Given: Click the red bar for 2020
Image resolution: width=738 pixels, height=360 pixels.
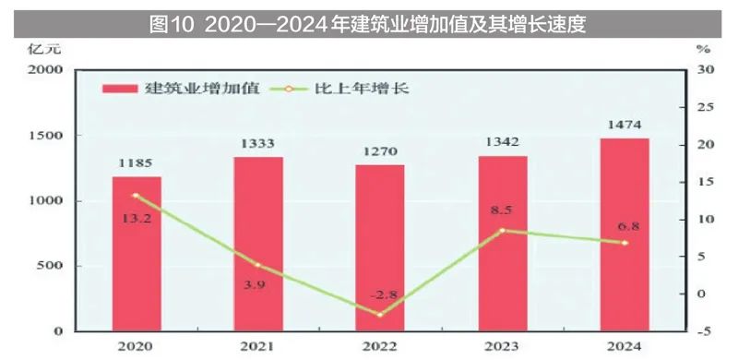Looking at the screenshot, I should tap(137, 253).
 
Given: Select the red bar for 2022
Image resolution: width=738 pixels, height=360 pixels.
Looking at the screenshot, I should tap(380, 247).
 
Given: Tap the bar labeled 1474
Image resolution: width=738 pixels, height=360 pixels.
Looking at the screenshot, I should tap(625, 234).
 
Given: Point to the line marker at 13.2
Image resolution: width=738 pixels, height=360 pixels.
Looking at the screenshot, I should tap(137, 196).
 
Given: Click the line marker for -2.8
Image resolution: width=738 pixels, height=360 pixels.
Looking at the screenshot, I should tap(380, 315).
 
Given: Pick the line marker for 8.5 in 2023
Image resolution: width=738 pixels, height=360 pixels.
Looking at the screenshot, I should tap(502, 230).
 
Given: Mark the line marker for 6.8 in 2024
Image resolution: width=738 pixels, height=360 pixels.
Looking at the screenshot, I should tap(625, 243).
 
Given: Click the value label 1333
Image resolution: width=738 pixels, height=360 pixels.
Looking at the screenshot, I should tap(257, 143).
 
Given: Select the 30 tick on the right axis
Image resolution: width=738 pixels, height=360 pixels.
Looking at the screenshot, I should tap(706, 70).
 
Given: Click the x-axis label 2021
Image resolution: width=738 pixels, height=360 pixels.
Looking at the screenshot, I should tap(257, 347).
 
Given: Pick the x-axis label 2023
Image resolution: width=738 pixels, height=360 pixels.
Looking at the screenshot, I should tap(502, 347).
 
